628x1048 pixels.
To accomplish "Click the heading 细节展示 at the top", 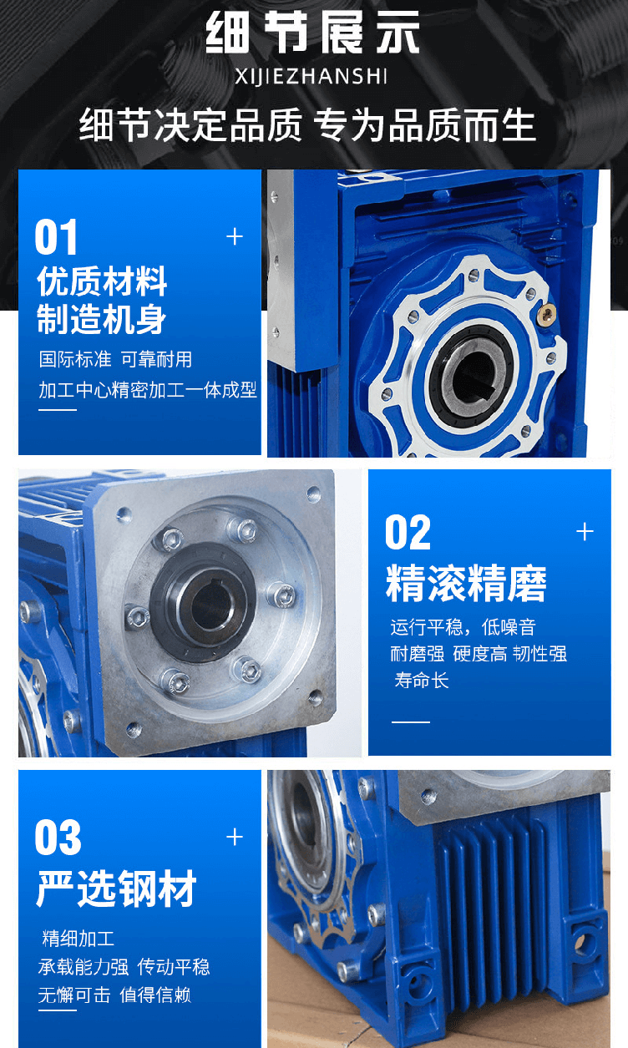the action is tap(312, 33).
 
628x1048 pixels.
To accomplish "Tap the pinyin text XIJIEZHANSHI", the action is tap(311, 76).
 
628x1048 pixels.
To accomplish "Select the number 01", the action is tap(56, 237).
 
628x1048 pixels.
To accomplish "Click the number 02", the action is tap(408, 532).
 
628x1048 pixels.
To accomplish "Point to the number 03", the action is tap(58, 838).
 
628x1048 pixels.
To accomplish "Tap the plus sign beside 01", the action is tap(235, 236).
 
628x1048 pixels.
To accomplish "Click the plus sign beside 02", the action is tap(585, 532).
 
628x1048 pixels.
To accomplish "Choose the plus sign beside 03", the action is tap(235, 837).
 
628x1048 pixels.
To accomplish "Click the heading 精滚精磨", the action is tap(466, 583).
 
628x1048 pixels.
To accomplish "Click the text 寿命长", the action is tap(422, 681).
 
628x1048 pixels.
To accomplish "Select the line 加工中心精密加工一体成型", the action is tap(148, 390).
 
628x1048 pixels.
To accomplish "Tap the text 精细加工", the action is tap(78, 939).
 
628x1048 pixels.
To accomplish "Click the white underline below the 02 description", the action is tap(410, 721).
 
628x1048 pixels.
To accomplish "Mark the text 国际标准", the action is tap(75, 359).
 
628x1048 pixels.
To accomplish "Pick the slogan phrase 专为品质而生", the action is tap(424, 125).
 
